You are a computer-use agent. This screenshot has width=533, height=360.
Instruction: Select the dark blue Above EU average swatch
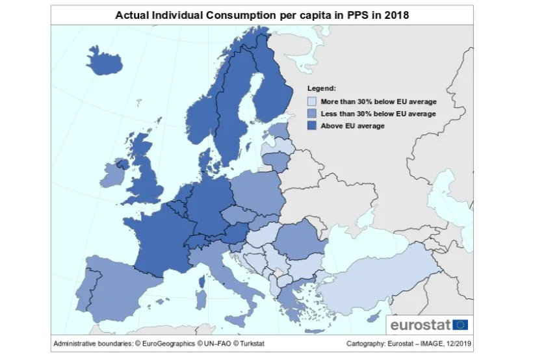[x=313, y=125]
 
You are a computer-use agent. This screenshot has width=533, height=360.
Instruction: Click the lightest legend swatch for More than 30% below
[x=313, y=101]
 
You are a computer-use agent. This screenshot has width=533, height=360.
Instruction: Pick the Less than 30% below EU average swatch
[x=313, y=113]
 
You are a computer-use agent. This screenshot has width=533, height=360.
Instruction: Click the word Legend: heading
[x=322, y=88]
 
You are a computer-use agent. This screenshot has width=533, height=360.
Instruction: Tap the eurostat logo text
[x=421, y=324]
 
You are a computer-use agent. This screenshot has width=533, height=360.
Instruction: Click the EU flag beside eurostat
[x=461, y=324]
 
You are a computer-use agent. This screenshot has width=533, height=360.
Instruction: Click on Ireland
[x=112, y=175]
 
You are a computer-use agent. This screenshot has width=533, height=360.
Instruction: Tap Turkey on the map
[x=377, y=276]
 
